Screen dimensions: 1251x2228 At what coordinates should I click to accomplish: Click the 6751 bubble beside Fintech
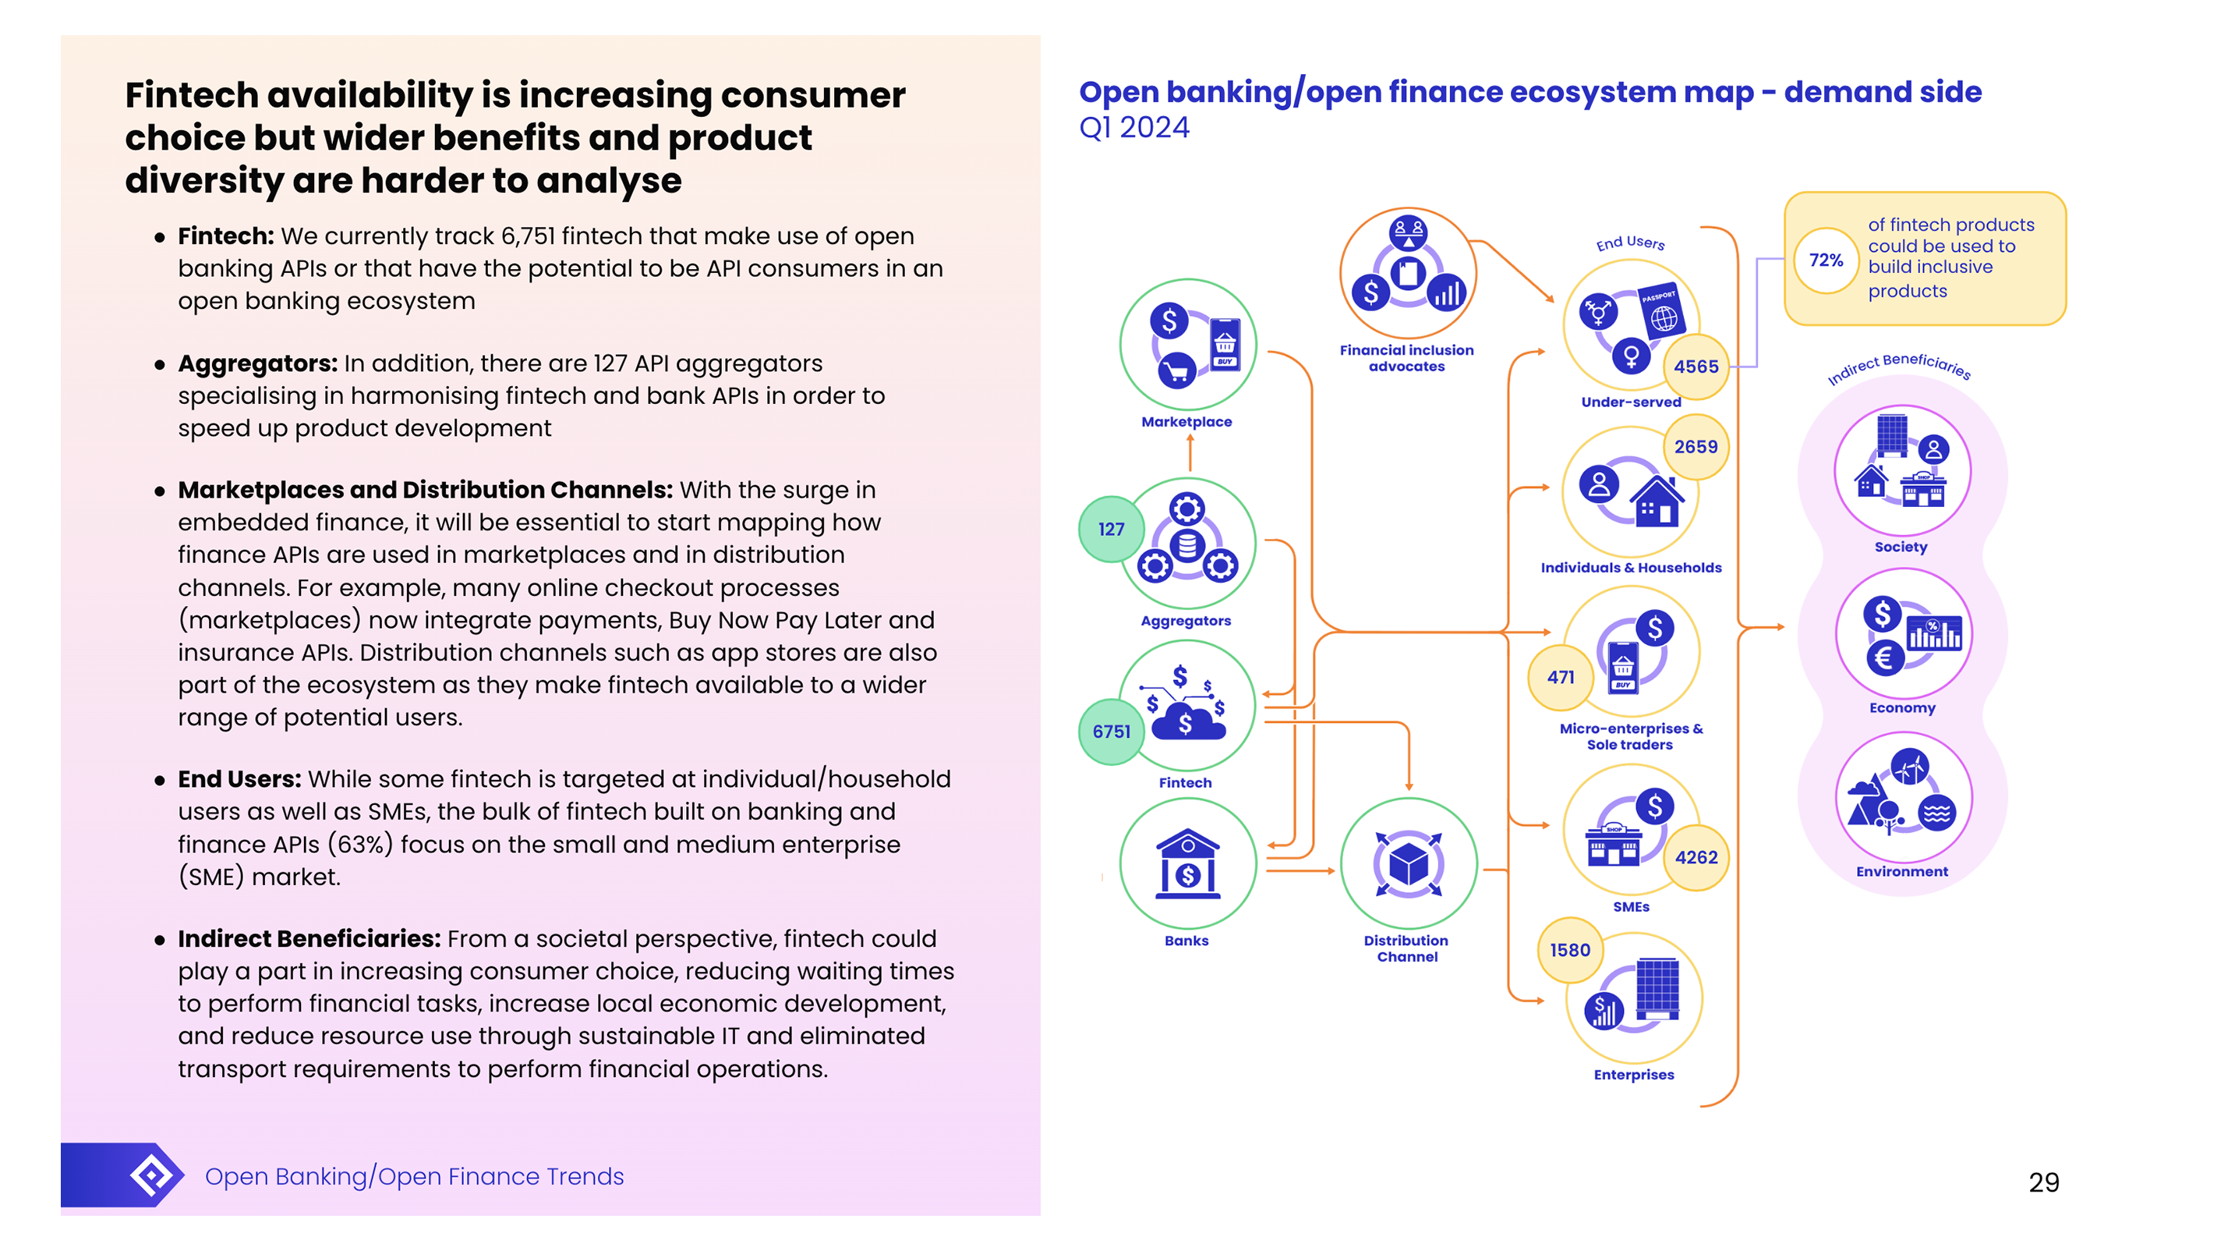coord(1111,732)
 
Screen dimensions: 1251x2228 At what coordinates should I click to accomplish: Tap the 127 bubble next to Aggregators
coord(1111,530)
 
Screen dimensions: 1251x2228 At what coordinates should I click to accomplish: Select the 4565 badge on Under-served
coord(1696,367)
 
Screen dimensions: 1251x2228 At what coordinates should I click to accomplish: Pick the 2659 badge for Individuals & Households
coord(1696,447)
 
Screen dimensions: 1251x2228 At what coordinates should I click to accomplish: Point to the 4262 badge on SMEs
coord(1696,857)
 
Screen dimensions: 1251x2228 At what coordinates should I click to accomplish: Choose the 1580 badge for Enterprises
coord(1569,950)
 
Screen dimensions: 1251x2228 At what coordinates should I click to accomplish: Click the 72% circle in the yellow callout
coord(1826,260)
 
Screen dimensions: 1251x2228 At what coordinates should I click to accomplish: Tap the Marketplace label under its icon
coord(1186,422)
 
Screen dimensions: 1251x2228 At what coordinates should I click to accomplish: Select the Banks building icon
coord(1186,863)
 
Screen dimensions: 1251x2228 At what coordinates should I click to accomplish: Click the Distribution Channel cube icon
coord(1408,863)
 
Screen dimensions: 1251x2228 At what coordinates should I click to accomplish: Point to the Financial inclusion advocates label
coord(1406,358)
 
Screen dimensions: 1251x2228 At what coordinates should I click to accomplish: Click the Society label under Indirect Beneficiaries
coord(1901,547)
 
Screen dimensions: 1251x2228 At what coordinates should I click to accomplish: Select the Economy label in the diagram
coord(1901,707)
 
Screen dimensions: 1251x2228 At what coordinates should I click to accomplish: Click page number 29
coord(2043,1182)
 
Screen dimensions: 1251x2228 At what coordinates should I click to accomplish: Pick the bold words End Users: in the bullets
coord(239,779)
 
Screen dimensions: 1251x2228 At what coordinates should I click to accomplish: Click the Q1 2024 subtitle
coord(1134,128)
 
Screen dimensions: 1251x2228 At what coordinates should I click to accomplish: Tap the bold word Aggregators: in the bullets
coord(258,363)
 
